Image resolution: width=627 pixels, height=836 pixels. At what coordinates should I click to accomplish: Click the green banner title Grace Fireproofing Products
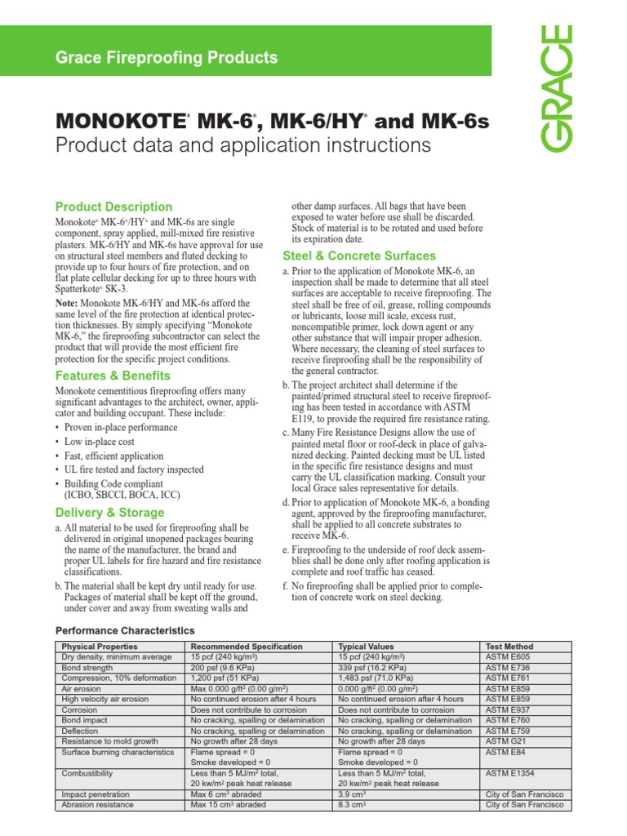[x=166, y=58]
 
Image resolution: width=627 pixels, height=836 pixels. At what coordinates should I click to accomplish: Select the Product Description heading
[x=113, y=207]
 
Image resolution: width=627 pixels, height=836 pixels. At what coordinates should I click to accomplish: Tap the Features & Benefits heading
[x=112, y=376]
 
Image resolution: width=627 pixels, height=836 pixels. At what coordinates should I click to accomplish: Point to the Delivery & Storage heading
[x=109, y=513]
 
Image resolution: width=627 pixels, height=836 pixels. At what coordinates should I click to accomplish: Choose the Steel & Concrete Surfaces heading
[x=359, y=256]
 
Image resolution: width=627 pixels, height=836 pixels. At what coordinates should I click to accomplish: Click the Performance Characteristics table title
[x=124, y=630]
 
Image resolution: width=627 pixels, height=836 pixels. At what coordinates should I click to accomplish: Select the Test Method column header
[x=509, y=647]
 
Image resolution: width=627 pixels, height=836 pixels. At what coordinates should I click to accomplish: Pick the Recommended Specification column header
[x=247, y=647]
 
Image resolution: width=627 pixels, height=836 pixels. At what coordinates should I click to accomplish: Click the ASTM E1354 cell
[x=511, y=772]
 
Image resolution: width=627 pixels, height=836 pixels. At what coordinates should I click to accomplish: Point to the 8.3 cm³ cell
[x=352, y=804]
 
